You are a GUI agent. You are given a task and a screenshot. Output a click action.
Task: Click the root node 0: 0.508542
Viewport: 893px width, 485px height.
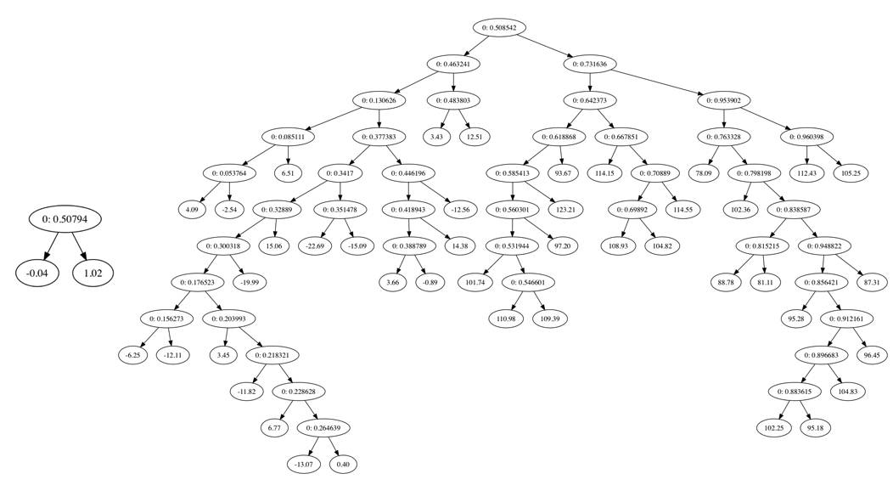[499, 27]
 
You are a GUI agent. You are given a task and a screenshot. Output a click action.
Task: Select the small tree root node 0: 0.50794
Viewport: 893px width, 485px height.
[65, 219]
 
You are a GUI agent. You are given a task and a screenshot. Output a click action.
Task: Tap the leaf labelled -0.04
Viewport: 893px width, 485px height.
[37, 273]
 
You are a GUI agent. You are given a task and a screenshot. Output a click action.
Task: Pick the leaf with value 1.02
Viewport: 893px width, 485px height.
[93, 273]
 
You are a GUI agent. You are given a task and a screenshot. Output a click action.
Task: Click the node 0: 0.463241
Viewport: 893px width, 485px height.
[452, 64]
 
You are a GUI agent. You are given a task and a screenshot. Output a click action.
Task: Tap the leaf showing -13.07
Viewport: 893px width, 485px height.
[303, 464]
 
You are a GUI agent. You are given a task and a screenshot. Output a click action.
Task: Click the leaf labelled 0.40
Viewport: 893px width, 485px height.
[344, 464]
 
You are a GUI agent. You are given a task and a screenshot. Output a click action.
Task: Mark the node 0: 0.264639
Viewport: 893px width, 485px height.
[323, 427]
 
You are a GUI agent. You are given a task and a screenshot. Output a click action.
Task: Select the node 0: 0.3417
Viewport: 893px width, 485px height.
[341, 172]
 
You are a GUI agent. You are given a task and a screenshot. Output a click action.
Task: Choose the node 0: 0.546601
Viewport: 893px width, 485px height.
[531, 282]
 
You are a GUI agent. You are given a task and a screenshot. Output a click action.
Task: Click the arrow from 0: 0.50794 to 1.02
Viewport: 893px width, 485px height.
[82, 247]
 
